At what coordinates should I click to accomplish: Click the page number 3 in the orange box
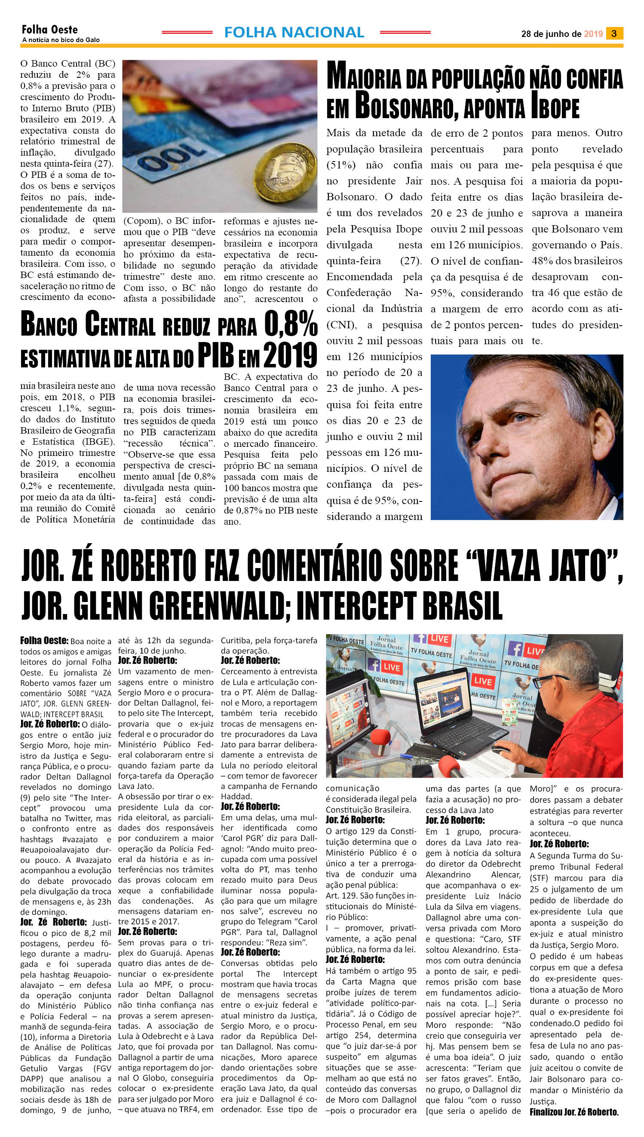click(614, 34)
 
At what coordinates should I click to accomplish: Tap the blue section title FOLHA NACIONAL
click(294, 32)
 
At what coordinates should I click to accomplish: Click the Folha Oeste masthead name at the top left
click(49, 30)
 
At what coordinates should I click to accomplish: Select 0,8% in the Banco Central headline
click(291, 324)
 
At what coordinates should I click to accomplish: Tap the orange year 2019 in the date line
click(593, 34)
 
